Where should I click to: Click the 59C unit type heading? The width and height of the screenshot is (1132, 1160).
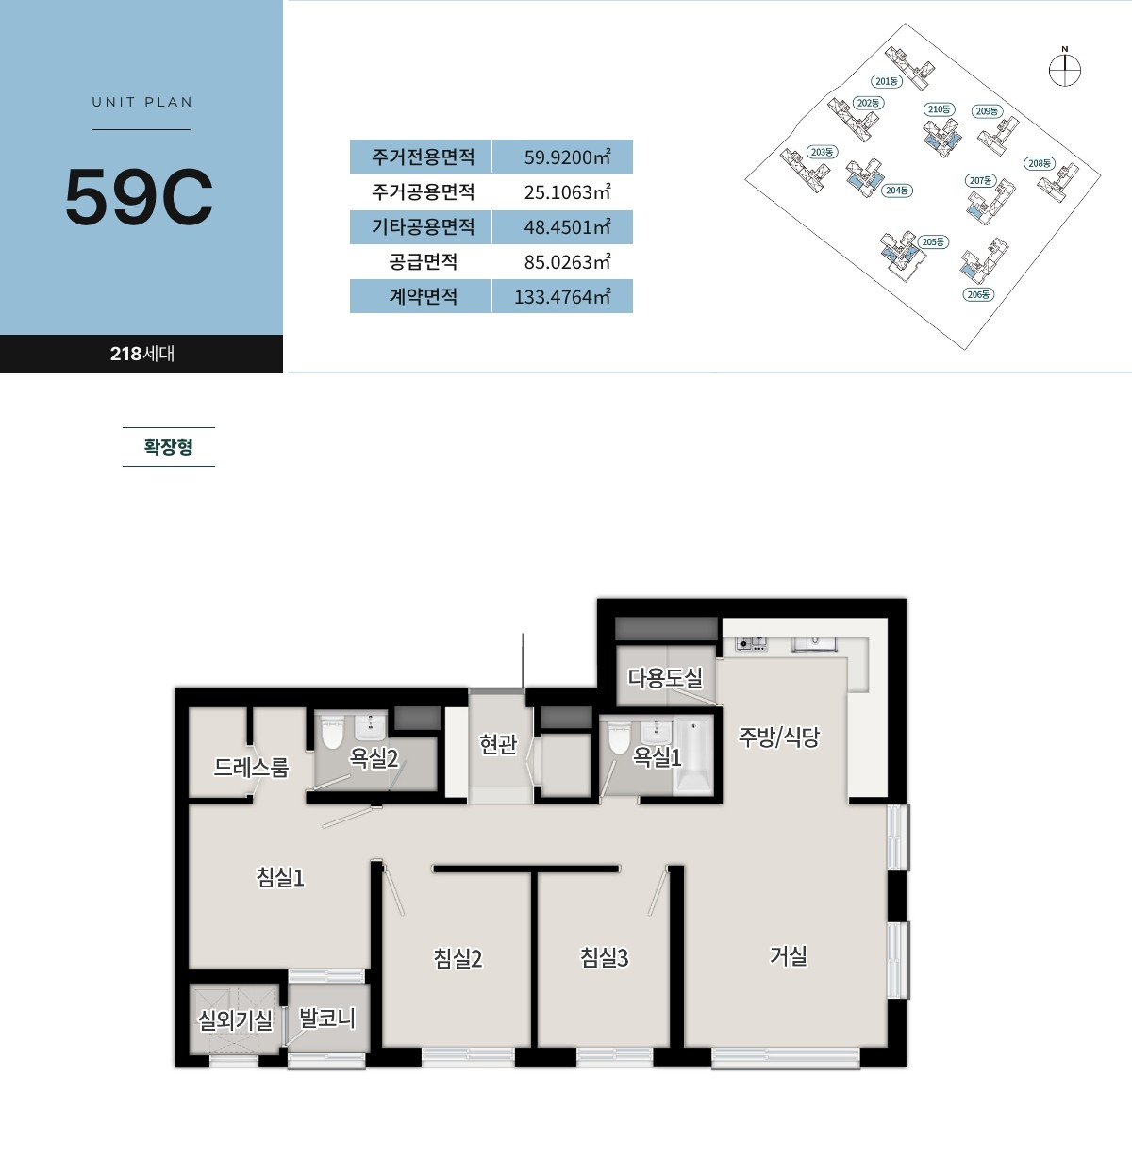(139, 196)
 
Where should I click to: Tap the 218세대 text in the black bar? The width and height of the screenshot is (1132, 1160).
(141, 354)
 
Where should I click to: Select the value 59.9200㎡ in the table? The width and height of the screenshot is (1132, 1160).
(567, 157)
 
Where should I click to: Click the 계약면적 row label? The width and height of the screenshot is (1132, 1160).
(423, 296)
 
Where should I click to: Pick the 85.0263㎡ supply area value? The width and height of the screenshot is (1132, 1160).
(567, 261)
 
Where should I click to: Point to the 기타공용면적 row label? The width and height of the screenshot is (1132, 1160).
(423, 226)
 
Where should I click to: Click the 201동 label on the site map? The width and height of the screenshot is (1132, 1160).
(887, 81)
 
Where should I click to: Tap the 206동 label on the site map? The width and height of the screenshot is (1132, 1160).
(978, 294)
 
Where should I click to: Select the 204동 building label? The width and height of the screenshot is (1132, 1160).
(896, 191)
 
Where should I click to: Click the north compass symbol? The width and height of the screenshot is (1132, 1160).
(1065, 70)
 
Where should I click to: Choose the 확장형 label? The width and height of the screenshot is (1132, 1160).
(168, 446)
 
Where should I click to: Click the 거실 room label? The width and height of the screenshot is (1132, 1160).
(788, 955)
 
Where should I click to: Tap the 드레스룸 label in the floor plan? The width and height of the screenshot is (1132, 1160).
(251, 767)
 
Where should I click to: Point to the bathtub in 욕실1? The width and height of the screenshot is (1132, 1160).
(693, 755)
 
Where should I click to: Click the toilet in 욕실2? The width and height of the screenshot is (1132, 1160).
(333, 733)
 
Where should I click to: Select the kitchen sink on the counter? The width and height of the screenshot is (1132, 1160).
(814, 643)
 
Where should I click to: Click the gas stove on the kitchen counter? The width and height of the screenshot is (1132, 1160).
(751, 644)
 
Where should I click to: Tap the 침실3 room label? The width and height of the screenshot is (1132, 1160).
(604, 957)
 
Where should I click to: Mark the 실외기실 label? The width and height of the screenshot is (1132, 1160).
(235, 1020)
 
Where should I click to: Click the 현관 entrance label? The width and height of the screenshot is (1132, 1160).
(498, 743)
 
